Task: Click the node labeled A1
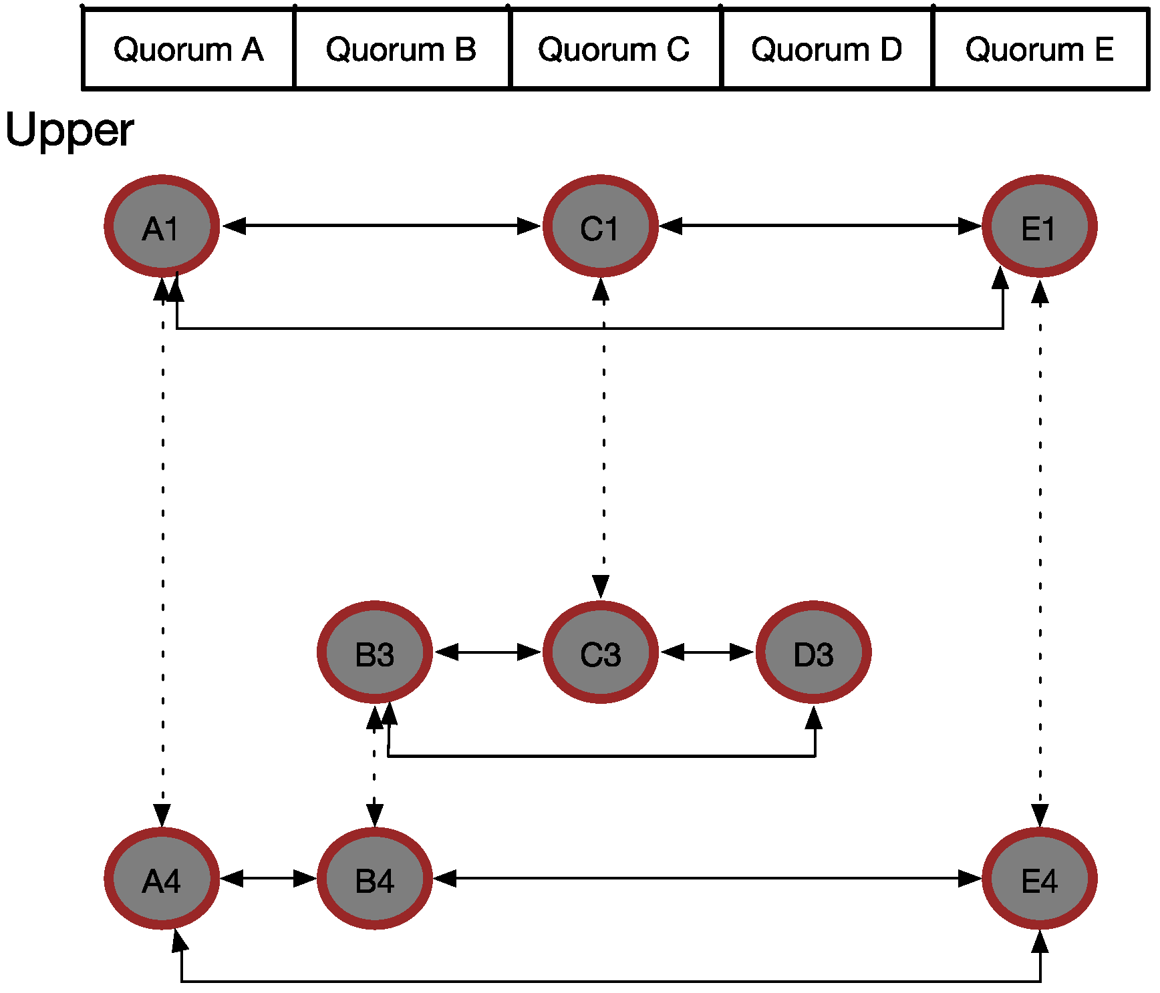(x=162, y=226)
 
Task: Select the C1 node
(x=600, y=226)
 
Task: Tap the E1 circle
(x=1039, y=226)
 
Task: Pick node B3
(x=374, y=652)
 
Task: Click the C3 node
(x=600, y=652)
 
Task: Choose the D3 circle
(x=813, y=652)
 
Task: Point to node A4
(x=162, y=879)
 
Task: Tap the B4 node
(x=374, y=879)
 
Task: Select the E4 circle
(x=1039, y=879)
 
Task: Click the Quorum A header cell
(x=188, y=49)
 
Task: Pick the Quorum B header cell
(x=401, y=49)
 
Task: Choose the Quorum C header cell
(x=614, y=49)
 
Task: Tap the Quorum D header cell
(x=827, y=49)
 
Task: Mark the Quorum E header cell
(x=1040, y=49)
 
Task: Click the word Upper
(x=69, y=130)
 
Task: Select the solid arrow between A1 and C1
(x=381, y=226)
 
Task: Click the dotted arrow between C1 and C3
(x=604, y=434)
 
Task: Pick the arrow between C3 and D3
(x=707, y=652)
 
